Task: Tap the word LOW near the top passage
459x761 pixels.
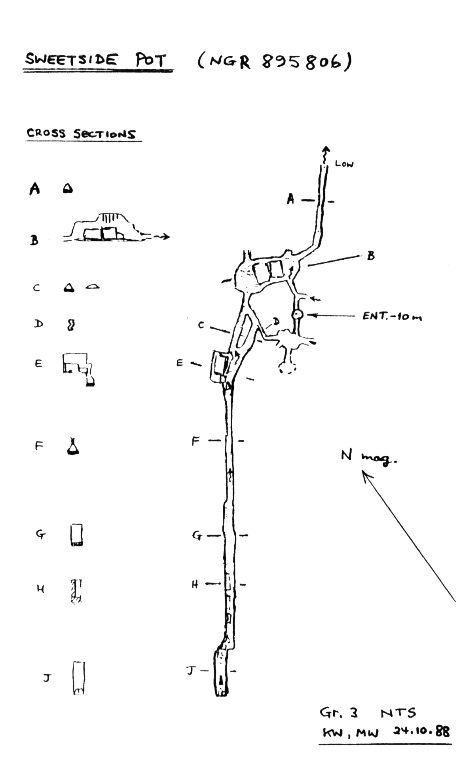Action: [344, 164]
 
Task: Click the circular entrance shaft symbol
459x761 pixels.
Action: [297, 315]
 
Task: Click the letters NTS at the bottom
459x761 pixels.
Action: [398, 713]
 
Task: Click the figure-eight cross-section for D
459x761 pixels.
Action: [71, 325]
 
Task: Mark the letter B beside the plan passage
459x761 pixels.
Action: [371, 256]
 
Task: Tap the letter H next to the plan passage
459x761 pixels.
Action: [195, 584]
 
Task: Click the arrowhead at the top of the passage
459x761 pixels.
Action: [326, 150]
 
